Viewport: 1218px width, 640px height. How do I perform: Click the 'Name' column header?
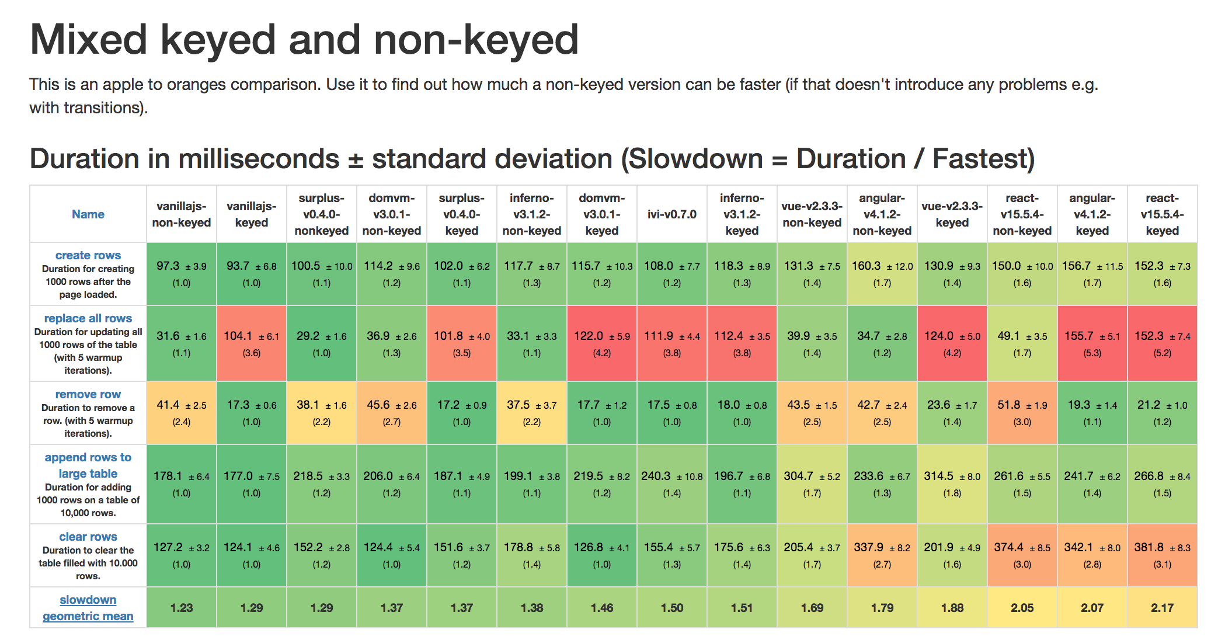[88, 214]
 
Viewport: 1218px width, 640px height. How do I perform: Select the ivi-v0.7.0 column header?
[671, 214]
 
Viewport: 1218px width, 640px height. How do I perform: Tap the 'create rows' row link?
[88, 255]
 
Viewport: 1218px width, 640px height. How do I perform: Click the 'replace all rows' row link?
[88, 318]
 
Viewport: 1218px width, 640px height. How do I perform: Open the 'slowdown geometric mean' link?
[88, 607]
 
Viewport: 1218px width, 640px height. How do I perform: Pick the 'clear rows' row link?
[88, 537]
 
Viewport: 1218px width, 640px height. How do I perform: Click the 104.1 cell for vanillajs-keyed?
[251, 343]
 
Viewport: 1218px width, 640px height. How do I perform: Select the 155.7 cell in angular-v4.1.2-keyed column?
[1092, 343]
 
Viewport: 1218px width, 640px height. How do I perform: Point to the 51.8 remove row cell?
[1022, 412]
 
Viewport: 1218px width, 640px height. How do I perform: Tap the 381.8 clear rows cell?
[1162, 555]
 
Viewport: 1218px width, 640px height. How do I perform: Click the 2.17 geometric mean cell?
[1162, 608]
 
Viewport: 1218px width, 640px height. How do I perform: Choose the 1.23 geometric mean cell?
[182, 608]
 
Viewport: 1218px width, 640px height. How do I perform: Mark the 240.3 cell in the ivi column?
[671, 484]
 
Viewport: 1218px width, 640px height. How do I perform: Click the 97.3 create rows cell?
[182, 273]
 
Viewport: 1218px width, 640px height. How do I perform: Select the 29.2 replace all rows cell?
[321, 343]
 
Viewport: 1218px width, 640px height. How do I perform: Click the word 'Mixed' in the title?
[89, 40]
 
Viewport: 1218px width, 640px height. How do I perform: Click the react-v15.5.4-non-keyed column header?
[1022, 214]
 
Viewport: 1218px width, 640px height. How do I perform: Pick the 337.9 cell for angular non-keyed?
[882, 555]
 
